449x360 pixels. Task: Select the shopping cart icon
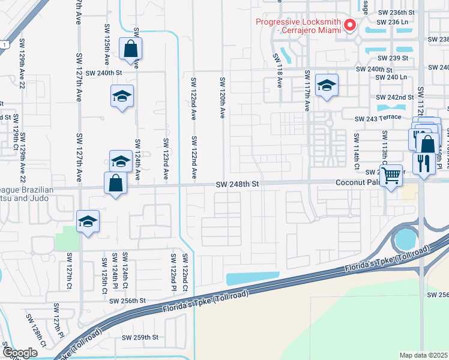[x=391, y=176]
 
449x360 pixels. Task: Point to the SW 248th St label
[x=237, y=185]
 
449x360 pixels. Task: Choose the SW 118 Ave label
[x=279, y=70]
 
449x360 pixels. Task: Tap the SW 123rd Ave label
[x=166, y=158]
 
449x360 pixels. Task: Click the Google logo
[x=20, y=353]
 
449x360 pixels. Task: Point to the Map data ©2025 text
[x=424, y=355]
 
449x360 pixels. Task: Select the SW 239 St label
[x=393, y=59]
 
